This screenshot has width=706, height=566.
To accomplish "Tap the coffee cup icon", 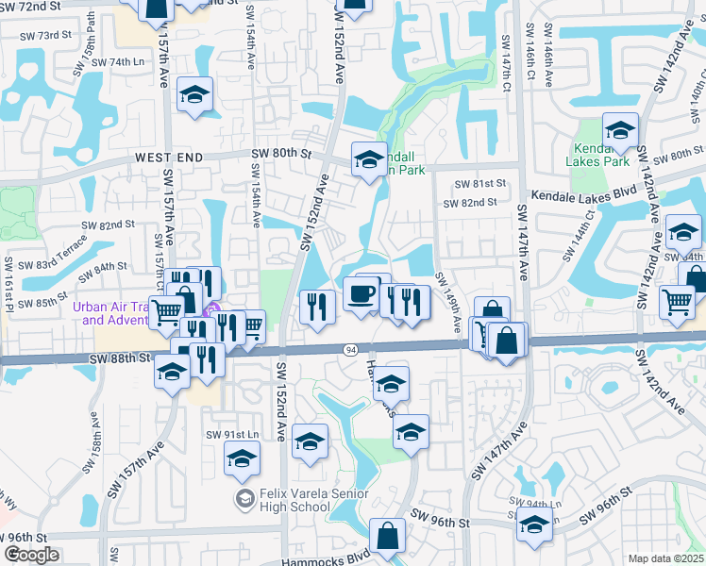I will coord(361,295).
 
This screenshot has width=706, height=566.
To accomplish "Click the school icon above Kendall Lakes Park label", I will coord(620,129).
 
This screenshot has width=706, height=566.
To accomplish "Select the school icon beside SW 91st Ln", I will coord(242,459).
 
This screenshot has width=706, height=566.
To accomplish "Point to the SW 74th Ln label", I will coord(131,62).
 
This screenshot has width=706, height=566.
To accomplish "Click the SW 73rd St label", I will coord(48,35).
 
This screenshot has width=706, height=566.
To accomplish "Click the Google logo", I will coord(31,555).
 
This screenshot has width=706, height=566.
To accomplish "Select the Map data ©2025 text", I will coord(665,558).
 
